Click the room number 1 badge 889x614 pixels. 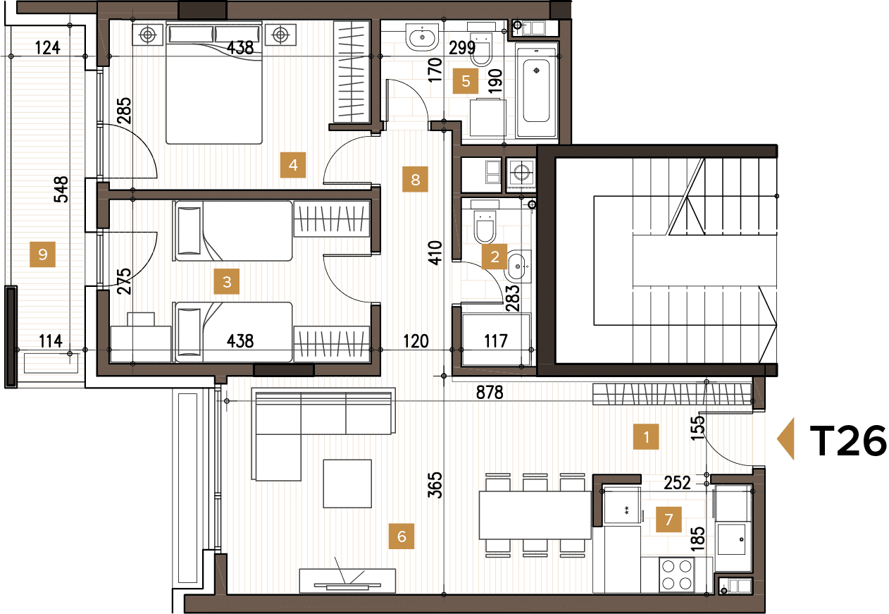point(645,436)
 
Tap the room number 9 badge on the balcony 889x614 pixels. point(43,254)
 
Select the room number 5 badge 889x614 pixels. point(466,81)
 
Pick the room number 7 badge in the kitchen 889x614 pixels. point(669,521)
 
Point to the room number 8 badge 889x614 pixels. point(415,180)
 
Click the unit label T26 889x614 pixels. point(847,441)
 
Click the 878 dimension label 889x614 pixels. point(489,393)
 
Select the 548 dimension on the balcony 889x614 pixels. point(61,189)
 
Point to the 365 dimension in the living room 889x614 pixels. point(435,485)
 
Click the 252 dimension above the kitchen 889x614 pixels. point(678,482)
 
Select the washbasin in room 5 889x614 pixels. point(423,37)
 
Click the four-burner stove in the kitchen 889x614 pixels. point(677,575)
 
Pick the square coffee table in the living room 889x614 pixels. point(347,483)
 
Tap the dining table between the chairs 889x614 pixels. point(534,515)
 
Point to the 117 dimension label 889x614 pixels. point(496,342)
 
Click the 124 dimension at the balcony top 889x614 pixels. point(47,48)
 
